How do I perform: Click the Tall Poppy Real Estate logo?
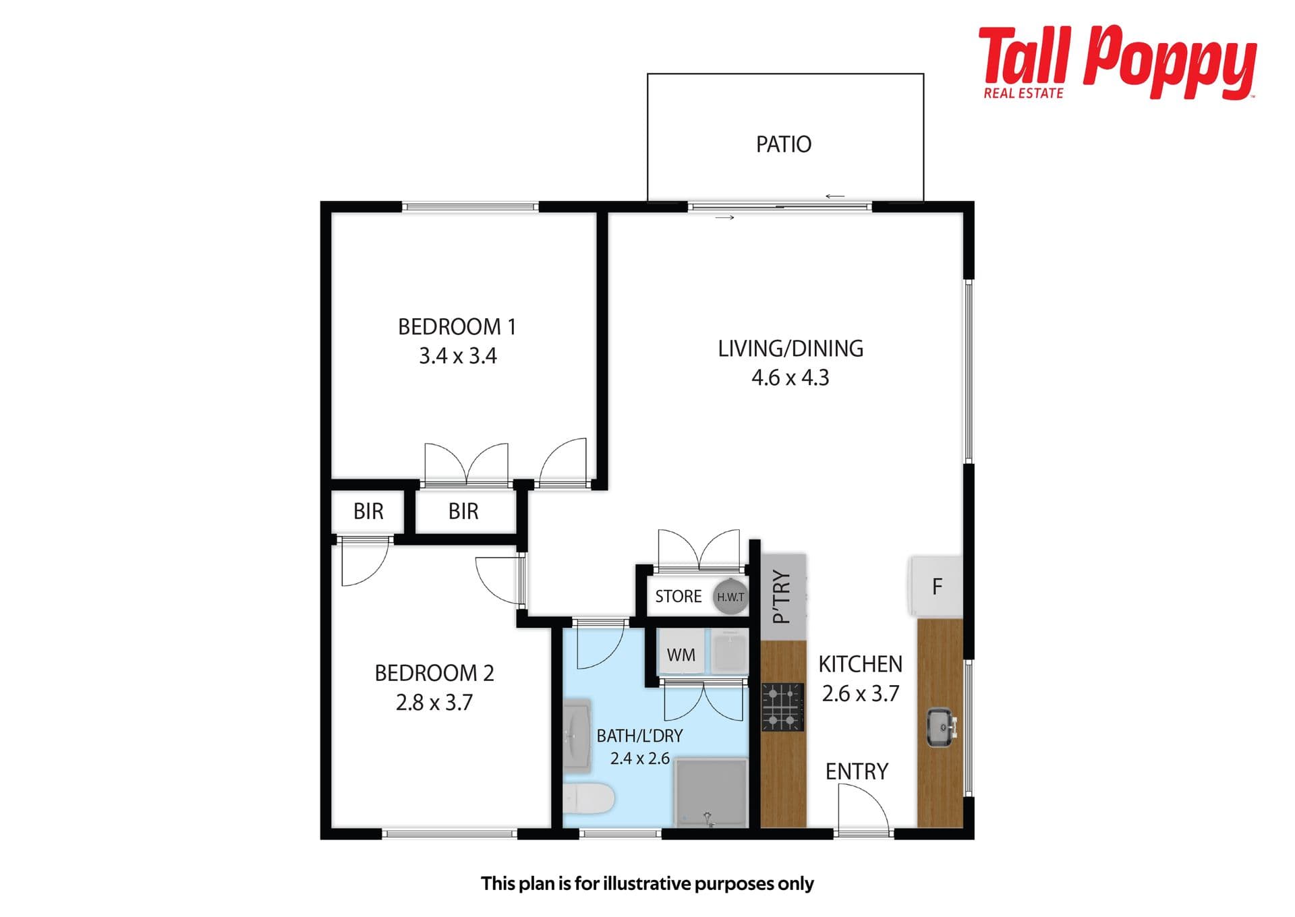tap(1117, 63)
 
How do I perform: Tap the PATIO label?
tap(784, 144)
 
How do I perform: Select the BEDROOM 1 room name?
tap(457, 327)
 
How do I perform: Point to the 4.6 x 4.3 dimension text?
tap(790, 378)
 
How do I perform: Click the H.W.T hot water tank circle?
tap(730, 597)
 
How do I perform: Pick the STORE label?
tap(679, 597)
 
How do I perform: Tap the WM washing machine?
tap(682, 653)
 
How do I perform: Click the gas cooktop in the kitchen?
tap(783, 707)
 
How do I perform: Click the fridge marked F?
tap(936, 586)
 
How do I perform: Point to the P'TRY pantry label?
tap(781, 597)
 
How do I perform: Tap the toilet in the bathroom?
tap(588, 799)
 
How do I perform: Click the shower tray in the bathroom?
tap(711, 793)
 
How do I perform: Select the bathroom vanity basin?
tap(577, 735)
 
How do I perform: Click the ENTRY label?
tap(857, 771)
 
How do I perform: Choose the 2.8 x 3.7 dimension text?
tap(434, 703)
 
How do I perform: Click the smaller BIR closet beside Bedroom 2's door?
tap(368, 511)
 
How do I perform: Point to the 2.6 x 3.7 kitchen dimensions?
tap(861, 694)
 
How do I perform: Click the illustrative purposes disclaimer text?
tap(647, 883)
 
